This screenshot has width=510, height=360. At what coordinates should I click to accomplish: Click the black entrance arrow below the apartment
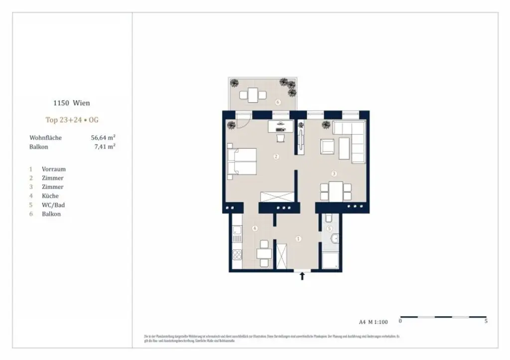302,276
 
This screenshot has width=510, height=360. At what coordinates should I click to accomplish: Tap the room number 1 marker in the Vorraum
298,239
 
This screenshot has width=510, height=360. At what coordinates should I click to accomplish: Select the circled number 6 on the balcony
278,103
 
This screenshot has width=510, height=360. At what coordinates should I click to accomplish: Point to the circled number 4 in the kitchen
255,229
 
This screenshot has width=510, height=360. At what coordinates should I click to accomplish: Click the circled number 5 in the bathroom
329,229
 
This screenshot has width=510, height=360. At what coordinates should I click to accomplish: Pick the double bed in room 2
242,162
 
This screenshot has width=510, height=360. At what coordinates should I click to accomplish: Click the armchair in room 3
327,146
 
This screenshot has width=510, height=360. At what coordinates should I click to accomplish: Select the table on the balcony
253,94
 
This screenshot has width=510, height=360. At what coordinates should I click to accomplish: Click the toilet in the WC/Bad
329,219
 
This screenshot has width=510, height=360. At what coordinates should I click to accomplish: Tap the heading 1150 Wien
72,104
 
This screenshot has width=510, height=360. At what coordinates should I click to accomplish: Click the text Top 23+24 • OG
72,120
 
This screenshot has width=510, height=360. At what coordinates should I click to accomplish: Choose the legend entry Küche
50,196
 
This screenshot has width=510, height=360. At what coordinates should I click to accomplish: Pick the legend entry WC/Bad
53,205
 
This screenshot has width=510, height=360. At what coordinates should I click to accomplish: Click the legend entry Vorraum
53,169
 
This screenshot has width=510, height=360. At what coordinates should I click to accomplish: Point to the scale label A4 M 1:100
373,322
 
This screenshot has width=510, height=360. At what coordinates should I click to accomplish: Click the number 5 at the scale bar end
486,322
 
